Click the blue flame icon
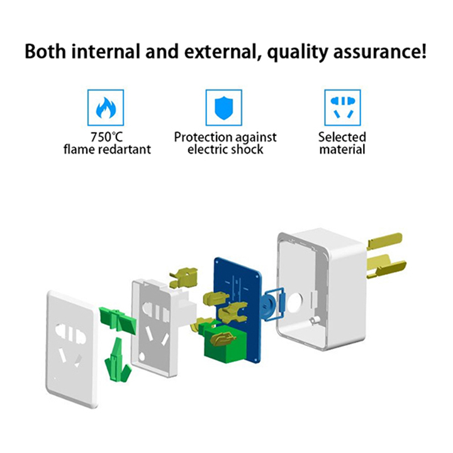tap(106, 108)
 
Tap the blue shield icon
tap(223, 108)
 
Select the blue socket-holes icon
tap(342, 108)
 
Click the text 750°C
tap(106, 137)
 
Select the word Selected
tap(342, 137)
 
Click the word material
tap(342, 149)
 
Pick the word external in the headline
tap(221, 52)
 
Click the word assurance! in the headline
tap(379, 52)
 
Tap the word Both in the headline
tap(45, 52)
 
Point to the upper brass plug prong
tap(384, 242)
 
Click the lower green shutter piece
tap(118, 361)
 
